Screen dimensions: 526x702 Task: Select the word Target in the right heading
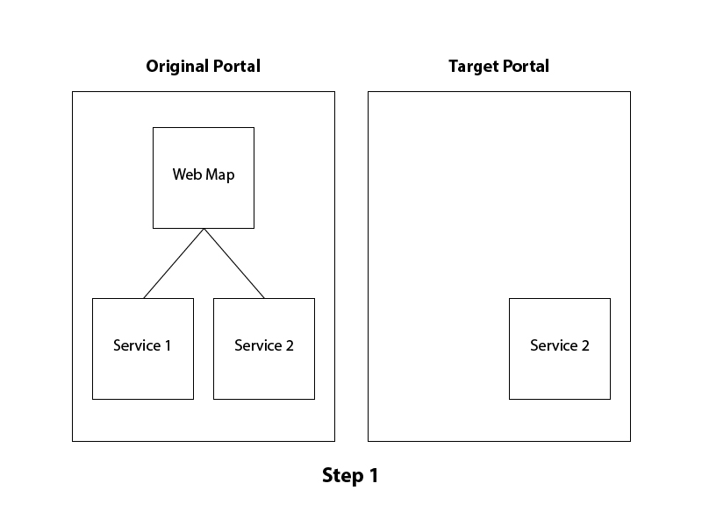(472, 67)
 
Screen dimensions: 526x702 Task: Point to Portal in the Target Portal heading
(525, 67)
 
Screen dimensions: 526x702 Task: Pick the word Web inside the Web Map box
(186, 174)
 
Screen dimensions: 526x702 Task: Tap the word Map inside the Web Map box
(219, 174)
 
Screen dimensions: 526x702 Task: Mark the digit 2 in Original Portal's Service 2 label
(289, 345)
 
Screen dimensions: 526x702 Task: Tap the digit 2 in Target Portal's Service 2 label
(584, 345)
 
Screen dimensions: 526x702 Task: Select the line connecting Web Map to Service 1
(174, 263)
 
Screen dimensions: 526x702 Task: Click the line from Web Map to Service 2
(234, 263)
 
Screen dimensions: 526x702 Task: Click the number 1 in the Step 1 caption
(373, 476)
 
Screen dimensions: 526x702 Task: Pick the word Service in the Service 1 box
(136, 345)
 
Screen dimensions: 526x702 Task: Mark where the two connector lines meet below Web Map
(204, 230)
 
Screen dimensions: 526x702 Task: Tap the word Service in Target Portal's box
(553, 345)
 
